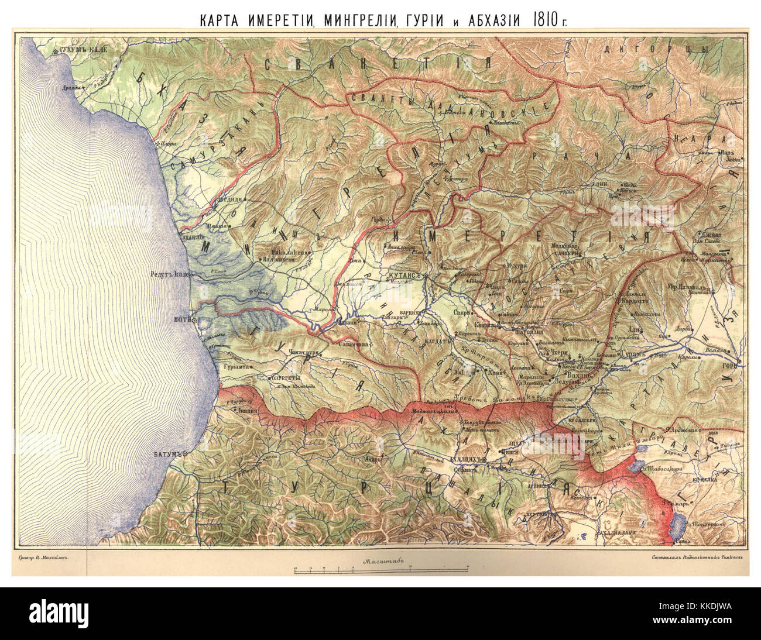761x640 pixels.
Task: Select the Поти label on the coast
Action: (x=180, y=320)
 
